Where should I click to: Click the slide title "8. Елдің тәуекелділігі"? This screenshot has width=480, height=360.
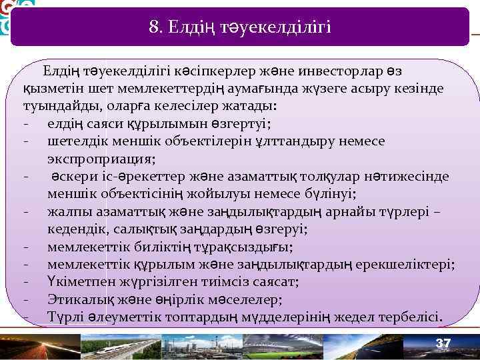240,27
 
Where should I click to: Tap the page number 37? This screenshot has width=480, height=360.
443,343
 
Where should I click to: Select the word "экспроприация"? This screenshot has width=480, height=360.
101,159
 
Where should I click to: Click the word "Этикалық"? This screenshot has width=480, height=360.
75,299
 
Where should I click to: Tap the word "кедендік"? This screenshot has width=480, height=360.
73,229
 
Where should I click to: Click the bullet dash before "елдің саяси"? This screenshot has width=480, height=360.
25,124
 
